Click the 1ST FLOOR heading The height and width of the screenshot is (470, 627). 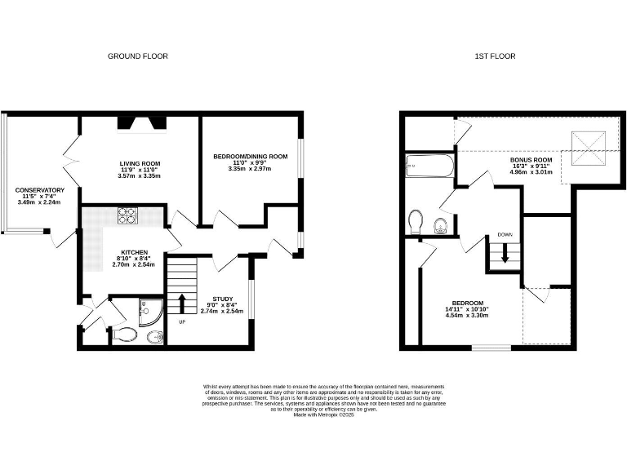tap(495, 56)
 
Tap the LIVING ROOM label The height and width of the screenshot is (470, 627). tap(139, 163)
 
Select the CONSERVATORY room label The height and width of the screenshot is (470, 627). tap(39, 190)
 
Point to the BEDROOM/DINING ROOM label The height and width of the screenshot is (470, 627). tap(251, 157)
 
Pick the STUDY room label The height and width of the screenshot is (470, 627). tap(222, 299)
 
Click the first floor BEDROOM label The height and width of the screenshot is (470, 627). tap(469, 303)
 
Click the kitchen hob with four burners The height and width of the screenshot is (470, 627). tap(130, 216)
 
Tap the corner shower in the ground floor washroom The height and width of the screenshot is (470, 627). tap(151, 311)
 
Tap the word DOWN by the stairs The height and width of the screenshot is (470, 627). tap(505, 235)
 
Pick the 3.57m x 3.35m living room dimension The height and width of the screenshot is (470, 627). tap(139, 176)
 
